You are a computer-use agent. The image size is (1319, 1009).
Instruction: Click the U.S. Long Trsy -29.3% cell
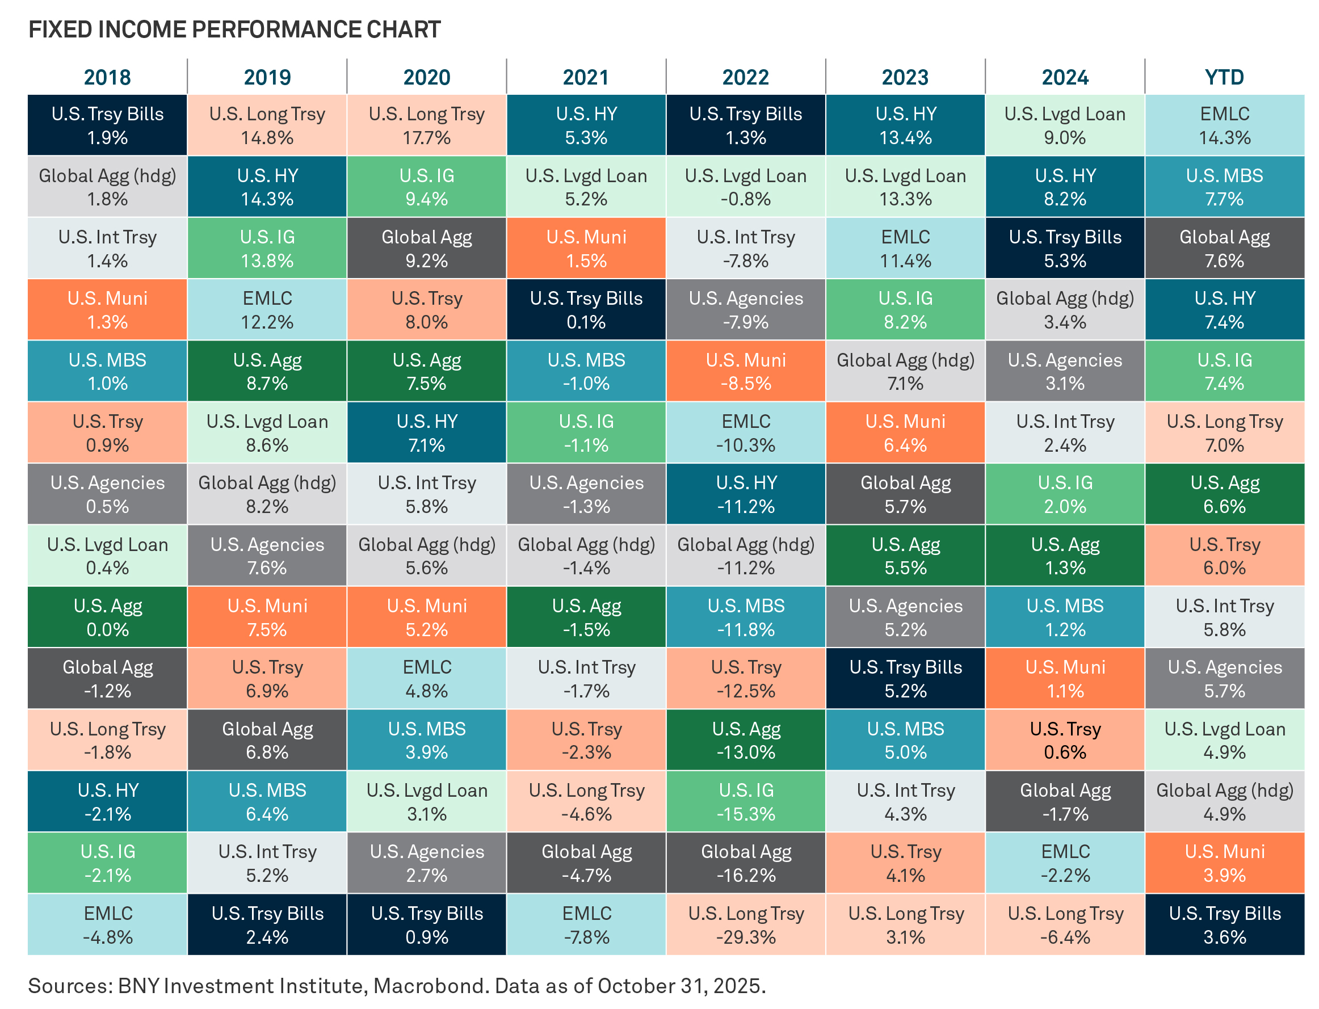tap(745, 924)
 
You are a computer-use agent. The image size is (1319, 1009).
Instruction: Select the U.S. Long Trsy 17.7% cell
tap(426, 125)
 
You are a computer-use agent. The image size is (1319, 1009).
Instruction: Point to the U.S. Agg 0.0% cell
tap(107, 617)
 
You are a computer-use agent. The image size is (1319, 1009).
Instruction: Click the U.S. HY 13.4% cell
tap(905, 125)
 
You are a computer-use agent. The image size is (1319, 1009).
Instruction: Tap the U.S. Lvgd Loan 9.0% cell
tap(1064, 125)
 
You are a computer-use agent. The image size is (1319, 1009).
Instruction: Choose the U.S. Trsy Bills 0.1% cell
tap(586, 309)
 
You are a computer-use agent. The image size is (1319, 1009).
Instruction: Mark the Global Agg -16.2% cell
tap(745, 863)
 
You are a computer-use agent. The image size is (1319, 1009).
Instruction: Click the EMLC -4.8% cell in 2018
tap(107, 924)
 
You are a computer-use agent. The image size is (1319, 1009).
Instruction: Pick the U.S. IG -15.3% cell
tap(745, 801)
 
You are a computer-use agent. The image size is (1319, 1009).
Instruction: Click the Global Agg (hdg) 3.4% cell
tap(1064, 309)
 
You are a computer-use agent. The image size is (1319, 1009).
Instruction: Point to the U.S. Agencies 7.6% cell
tap(267, 556)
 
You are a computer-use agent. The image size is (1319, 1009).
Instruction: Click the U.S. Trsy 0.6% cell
tap(1064, 740)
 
